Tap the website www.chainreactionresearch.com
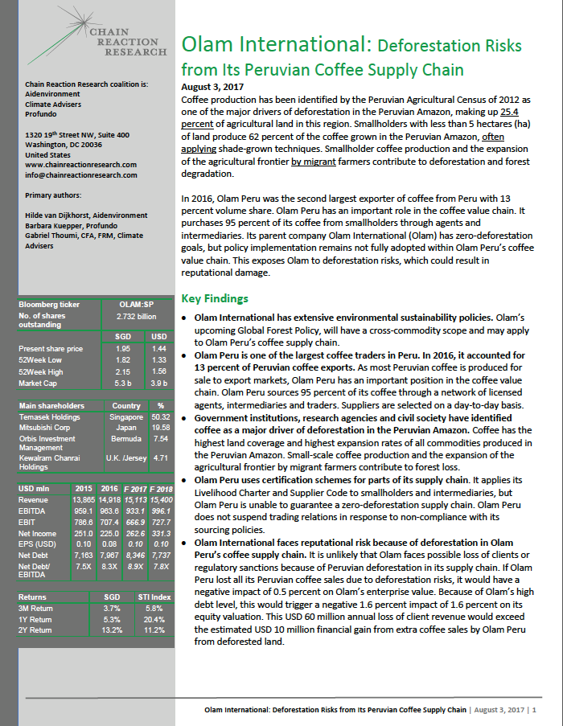point(80,165)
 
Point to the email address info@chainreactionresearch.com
point(81,174)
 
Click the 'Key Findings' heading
point(215,298)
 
